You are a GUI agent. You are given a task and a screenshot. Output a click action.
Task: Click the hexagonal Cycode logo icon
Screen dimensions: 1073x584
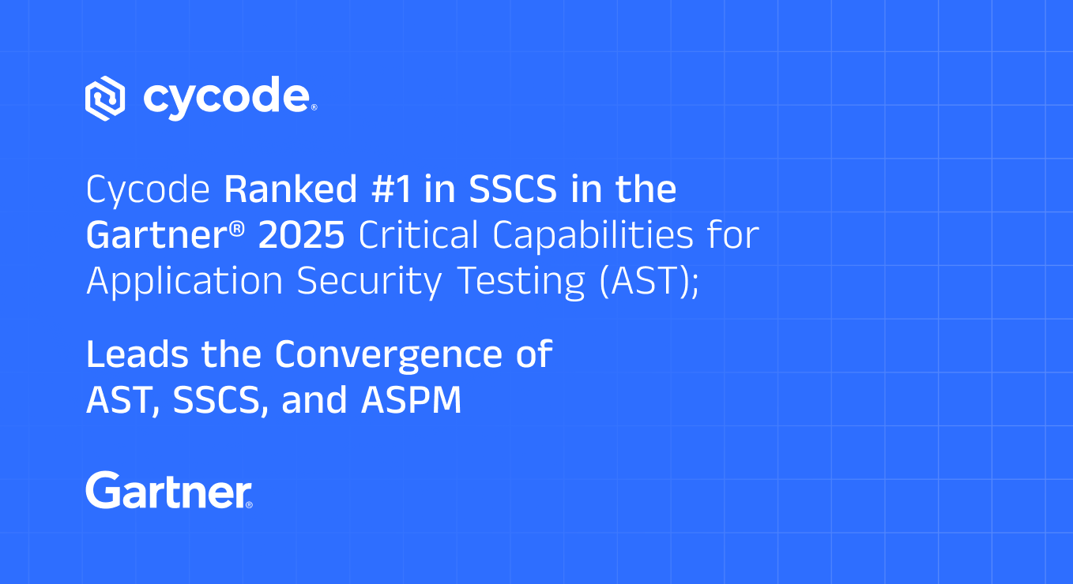pyautogui.click(x=105, y=98)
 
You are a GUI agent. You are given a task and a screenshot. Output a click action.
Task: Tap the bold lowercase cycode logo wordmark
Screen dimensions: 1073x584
pyautogui.click(x=227, y=98)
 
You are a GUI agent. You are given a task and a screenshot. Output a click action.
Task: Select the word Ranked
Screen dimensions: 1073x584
pyautogui.click(x=291, y=189)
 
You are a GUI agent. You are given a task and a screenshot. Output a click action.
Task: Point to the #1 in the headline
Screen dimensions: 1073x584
pyautogui.click(x=392, y=189)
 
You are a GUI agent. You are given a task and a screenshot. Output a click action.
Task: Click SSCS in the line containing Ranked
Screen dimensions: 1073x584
pyautogui.click(x=513, y=189)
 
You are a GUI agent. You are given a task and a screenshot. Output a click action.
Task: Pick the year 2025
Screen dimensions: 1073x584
pyautogui.click(x=301, y=235)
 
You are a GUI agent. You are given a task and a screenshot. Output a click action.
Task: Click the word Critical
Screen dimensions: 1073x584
pyautogui.click(x=418, y=235)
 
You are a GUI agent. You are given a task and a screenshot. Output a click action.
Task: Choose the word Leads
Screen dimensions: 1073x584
pyautogui.click(x=137, y=354)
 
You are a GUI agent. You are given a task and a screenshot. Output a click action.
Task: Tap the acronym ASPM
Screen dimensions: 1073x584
pyautogui.click(x=412, y=400)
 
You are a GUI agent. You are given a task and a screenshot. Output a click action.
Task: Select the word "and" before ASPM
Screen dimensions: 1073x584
pyautogui.click(x=314, y=400)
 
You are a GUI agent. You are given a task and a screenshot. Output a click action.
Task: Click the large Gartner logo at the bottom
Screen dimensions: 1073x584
pyautogui.click(x=169, y=490)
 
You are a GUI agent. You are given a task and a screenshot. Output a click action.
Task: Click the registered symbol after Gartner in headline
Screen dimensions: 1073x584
pyautogui.click(x=236, y=229)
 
